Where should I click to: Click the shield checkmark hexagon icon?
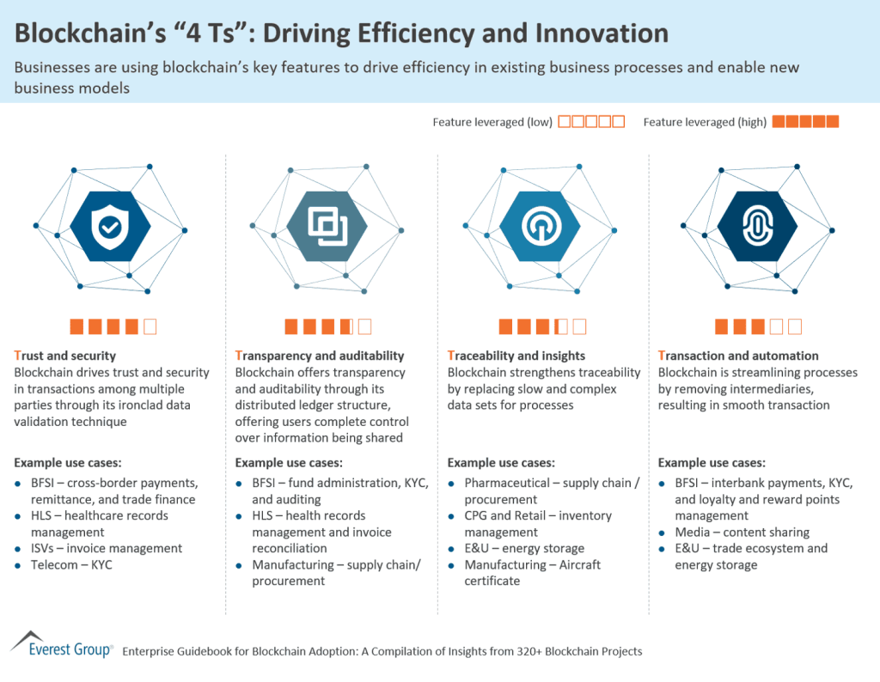point(110,226)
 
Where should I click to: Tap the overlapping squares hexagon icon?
point(327,226)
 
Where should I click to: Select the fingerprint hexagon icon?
point(757,226)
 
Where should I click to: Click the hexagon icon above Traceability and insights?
point(541,226)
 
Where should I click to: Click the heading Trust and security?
point(65,356)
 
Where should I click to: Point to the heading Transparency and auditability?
point(319,356)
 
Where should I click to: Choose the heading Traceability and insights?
point(516,356)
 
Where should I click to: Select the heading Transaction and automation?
point(738,356)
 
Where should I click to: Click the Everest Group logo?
point(60,646)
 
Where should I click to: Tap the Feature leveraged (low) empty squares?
point(591,122)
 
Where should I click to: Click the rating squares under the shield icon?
point(113,326)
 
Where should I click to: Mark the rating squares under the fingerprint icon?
point(758,326)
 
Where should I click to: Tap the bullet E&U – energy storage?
point(524,549)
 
